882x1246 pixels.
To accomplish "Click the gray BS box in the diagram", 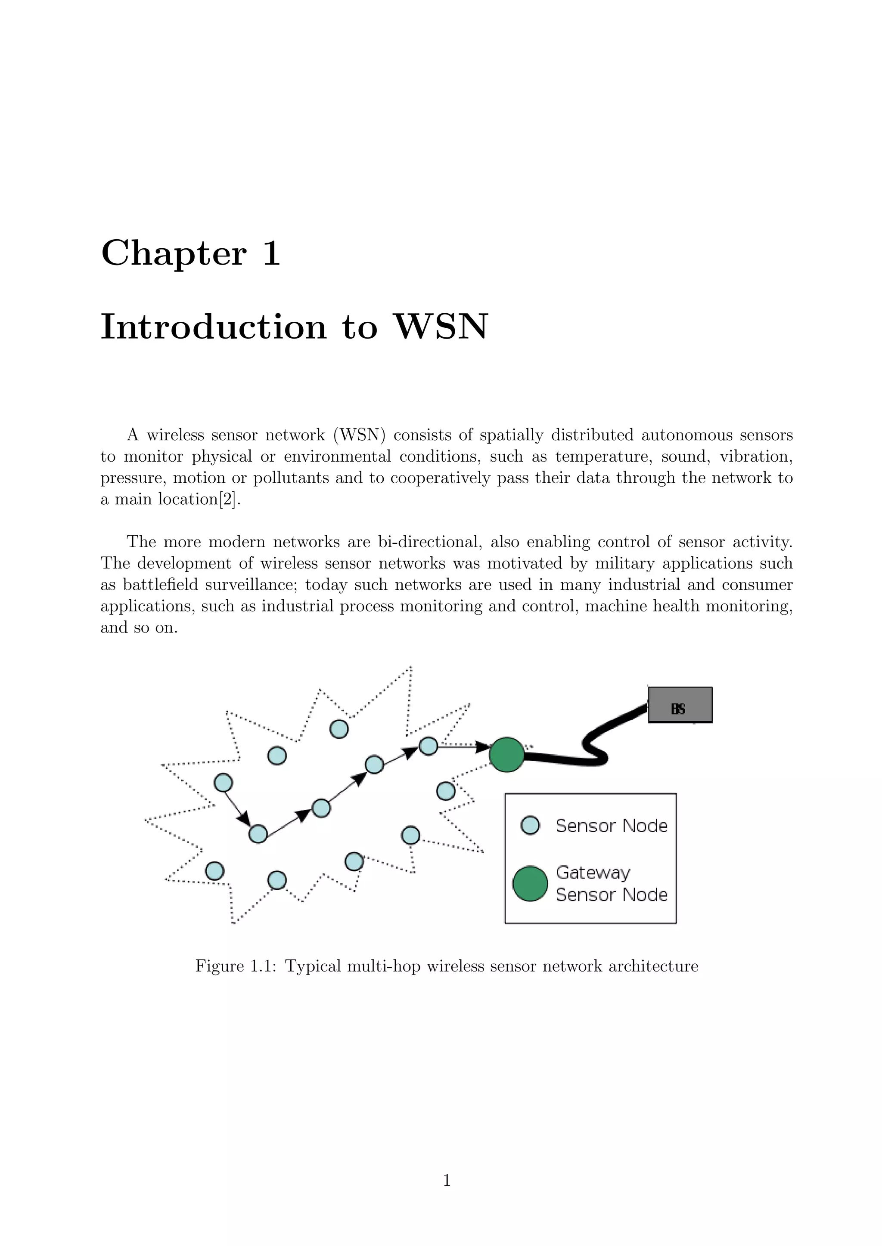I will click(680, 704).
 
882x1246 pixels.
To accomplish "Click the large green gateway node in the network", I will click(507, 754).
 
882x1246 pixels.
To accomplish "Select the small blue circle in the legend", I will click(530, 825).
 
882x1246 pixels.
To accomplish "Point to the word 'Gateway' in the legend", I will click(593, 873).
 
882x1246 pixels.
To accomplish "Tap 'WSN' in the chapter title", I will click(441, 327).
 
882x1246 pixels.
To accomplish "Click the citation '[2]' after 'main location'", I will click(228, 499).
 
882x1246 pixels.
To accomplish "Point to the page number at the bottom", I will click(447, 1180).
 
